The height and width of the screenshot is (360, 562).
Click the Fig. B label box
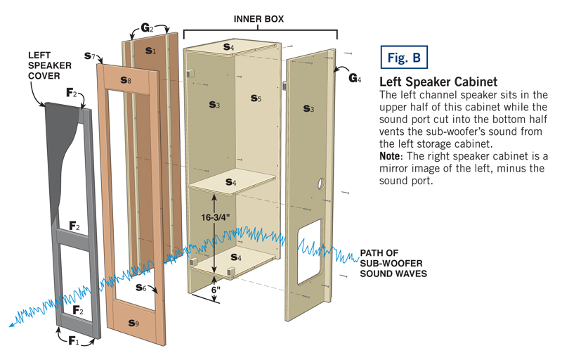point(403,58)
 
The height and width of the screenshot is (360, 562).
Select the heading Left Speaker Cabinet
point(438,82)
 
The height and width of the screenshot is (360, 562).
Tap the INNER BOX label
point(259,19)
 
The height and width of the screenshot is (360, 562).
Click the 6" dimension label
point(217,289)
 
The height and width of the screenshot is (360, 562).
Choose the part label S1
point(150,51)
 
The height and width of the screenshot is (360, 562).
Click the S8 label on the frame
point(125,81)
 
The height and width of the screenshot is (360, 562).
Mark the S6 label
point(141,288)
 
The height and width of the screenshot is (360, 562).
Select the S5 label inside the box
point(256,99)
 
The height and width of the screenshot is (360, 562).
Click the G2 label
point(147,29)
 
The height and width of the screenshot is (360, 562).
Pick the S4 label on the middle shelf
point(230,182)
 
